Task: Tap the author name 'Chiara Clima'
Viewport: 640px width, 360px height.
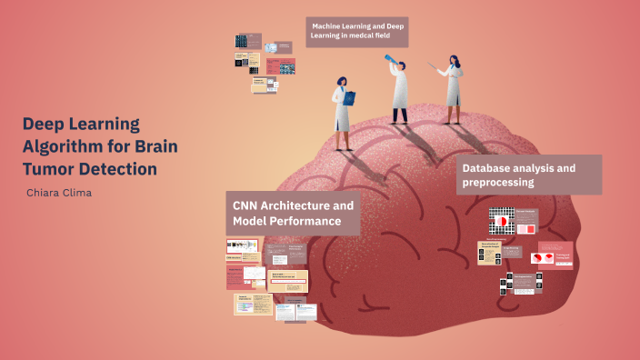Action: pyautogui.click(x=60, y=192)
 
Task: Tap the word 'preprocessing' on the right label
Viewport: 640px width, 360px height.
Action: pyautogui.click(x=497, y=183)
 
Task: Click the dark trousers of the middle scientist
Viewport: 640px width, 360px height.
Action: pyautogui.click(x=399, y=115)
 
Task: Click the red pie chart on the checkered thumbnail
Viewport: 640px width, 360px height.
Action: pyautogui.click(x=498, y=221)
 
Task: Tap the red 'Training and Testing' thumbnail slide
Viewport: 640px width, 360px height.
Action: pyautogui.click(x=555, y=255)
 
